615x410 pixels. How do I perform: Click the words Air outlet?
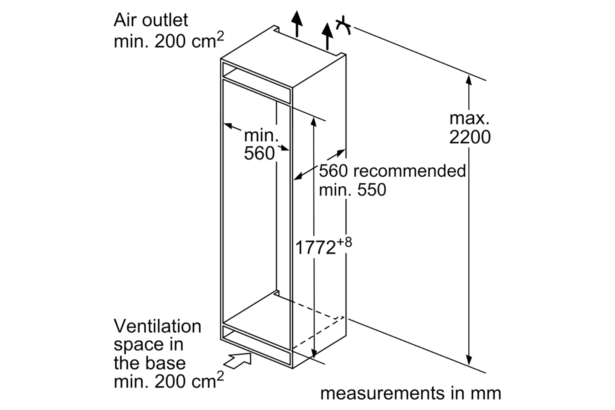(150, 20)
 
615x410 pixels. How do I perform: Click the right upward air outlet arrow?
(327, 35)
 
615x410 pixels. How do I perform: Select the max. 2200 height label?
(469, 128)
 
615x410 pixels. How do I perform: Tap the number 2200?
(469, 137)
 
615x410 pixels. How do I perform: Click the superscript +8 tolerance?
(344, 242)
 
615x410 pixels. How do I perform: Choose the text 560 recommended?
(392, 171)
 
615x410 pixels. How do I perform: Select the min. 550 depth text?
(352, 190)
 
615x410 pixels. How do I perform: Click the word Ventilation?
(157, 326)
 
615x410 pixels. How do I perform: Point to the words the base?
(149, 363)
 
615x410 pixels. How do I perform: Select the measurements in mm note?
(410, 393)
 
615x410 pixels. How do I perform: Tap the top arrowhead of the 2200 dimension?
(469, 80)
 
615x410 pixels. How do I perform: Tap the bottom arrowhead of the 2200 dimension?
(469, 361)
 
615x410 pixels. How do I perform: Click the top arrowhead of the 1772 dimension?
(314, 121)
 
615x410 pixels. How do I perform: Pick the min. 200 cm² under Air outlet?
(169, 41)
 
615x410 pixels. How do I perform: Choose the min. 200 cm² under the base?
(169, 381)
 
